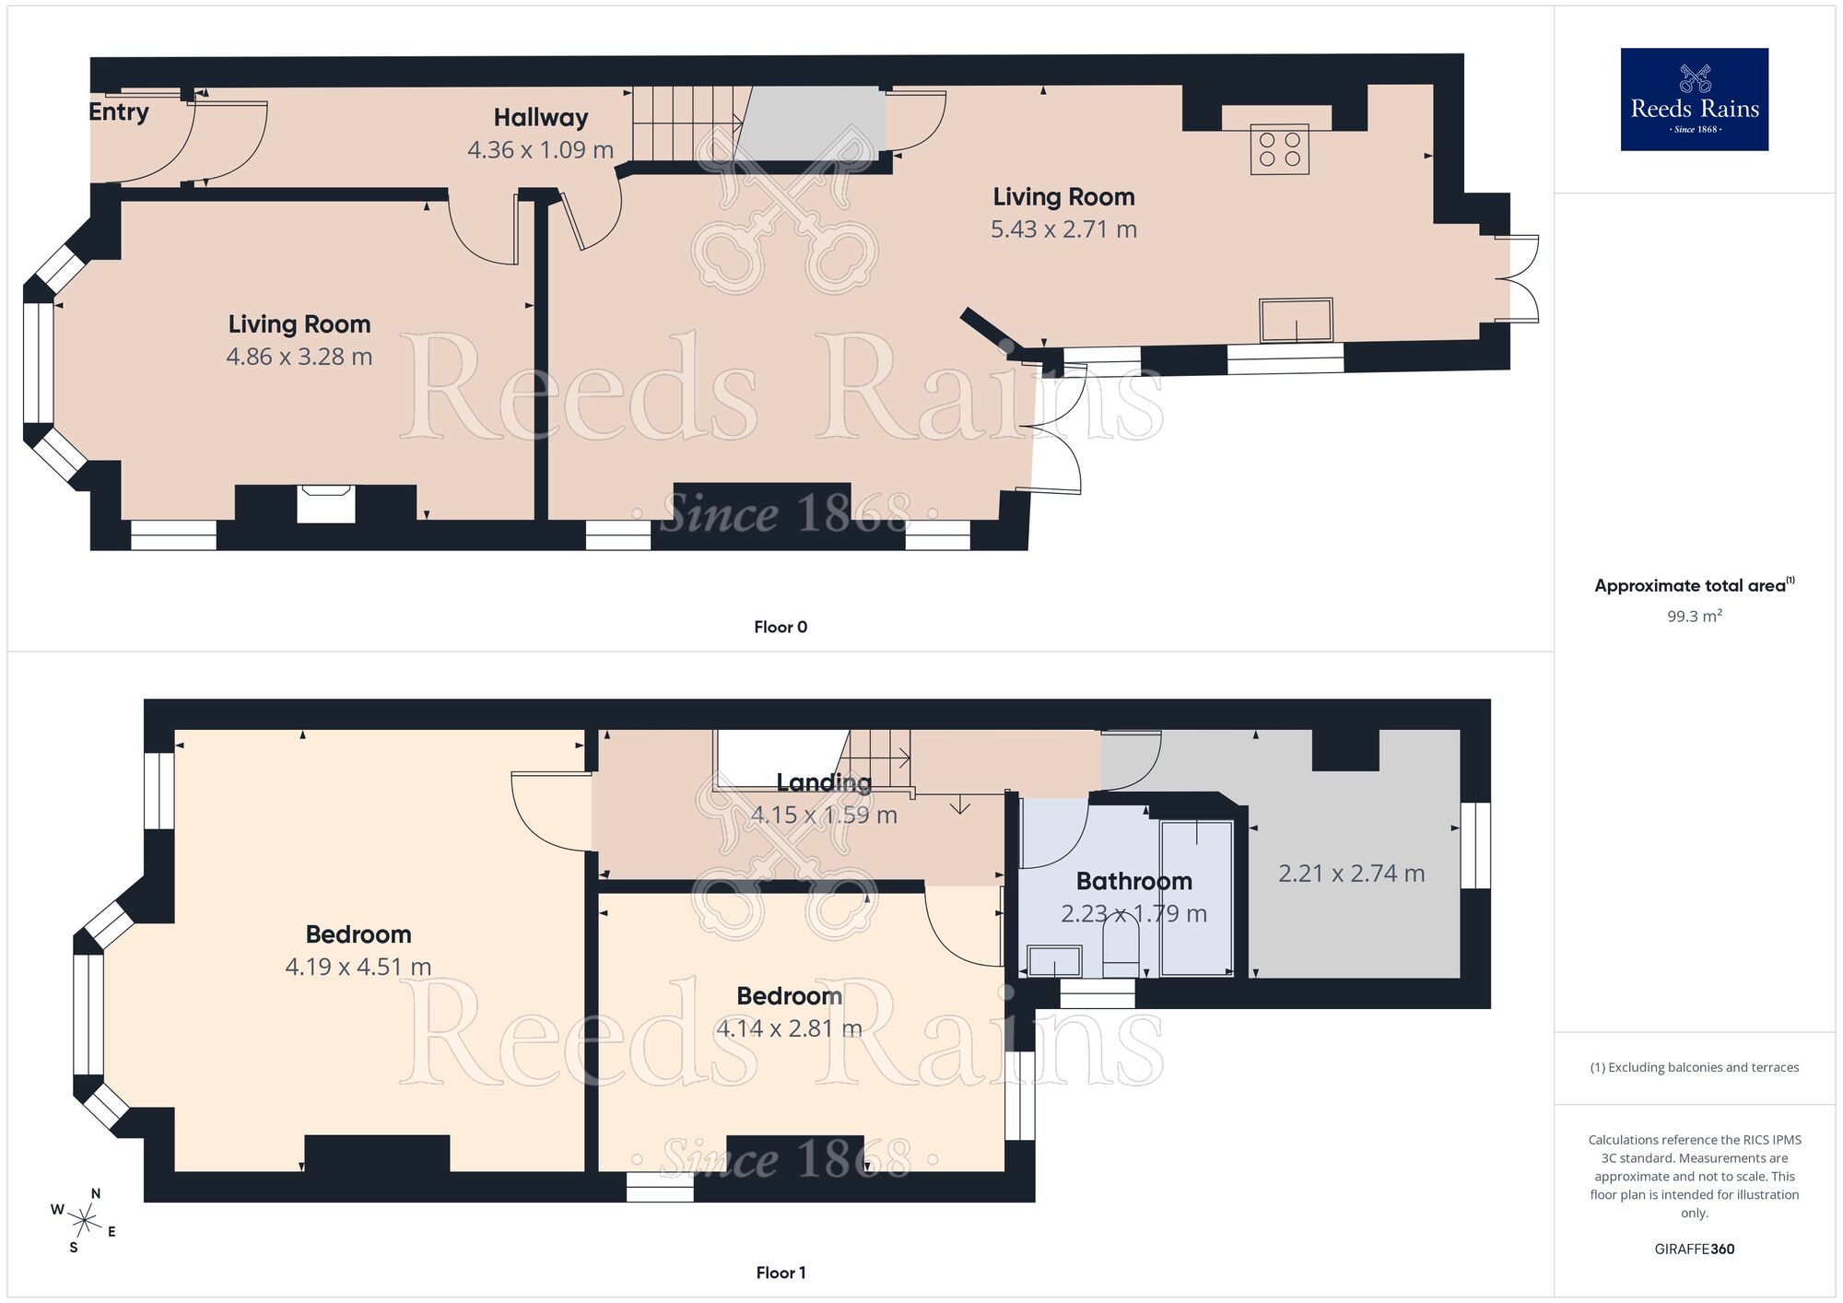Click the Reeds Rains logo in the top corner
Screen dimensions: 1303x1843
point(1694,99)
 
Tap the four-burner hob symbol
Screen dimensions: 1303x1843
point(1280,149)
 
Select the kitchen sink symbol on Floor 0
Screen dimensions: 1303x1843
point(1296,320)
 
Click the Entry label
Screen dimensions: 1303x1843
point(119,112)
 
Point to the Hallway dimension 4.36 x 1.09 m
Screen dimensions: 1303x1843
point(540,150)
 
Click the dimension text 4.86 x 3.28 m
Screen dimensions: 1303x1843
point(299,357)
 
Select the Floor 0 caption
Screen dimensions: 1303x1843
point(781,628)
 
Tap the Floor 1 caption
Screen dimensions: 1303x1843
point(781,1273)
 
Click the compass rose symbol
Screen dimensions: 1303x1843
point(84,1223)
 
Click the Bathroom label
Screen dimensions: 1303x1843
point(1133,882)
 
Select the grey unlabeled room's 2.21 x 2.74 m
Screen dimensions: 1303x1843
point(1351,874)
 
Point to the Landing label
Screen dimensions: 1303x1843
point(824,783)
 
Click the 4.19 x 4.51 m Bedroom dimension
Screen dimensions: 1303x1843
point(358,967)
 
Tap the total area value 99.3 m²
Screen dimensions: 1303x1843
point(1694,616)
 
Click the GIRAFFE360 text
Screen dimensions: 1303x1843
point(1694,1250)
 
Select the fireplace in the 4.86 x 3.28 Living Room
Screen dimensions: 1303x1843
point(326,504)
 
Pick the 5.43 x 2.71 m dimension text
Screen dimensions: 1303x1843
point(1063,229)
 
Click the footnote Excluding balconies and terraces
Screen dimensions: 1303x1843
point(1694,1068)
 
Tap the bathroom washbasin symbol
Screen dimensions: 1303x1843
point(1054,962)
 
